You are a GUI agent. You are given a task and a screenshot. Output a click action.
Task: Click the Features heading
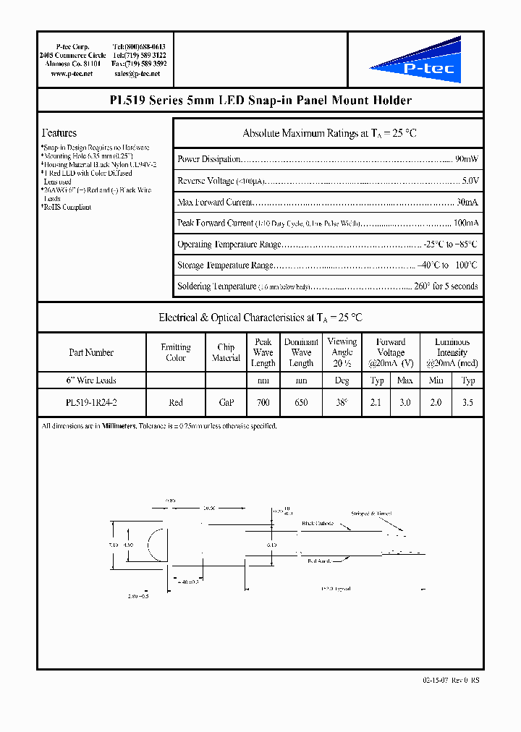pyautogui.click(x=59, y=133)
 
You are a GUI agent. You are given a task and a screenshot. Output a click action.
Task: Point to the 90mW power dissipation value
pyautogui.click(x=466, y=159)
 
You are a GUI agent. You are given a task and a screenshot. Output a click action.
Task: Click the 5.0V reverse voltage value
pyautogui.click(x=470, y=181)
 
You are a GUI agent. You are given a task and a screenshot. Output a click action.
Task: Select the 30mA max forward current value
pyautogui.click(x=467, y=202)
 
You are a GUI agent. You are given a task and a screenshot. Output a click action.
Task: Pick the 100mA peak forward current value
pyautogui.click(x=465, y=223)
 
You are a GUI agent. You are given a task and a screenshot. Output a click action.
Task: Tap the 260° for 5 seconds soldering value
pyautogui.click(x=445, y=286)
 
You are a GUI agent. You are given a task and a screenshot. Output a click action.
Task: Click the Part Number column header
pyautogui.click(x=91, y=352)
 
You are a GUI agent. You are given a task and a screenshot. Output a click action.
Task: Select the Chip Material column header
pyautogui.click(x=226, y=352)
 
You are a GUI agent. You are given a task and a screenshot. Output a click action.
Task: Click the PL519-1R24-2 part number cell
pyautogui.click(x=91, y=402)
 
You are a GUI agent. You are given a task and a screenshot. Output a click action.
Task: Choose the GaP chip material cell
pyautogui.click(x=226, y=402)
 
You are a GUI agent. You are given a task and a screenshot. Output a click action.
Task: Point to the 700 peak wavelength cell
pyautogui.click(x=263, y=402)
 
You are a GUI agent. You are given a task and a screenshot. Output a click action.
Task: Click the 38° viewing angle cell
pyautogui.click(x=342, y=402)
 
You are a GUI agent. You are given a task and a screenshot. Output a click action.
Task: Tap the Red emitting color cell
pyautogui.click(x=176, y=402)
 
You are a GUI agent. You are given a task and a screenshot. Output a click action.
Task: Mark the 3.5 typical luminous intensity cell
pyautogui.click(x=468, y=402)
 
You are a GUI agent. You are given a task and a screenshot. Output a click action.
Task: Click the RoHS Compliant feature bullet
pyautogui.click(x=67, y=208)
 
